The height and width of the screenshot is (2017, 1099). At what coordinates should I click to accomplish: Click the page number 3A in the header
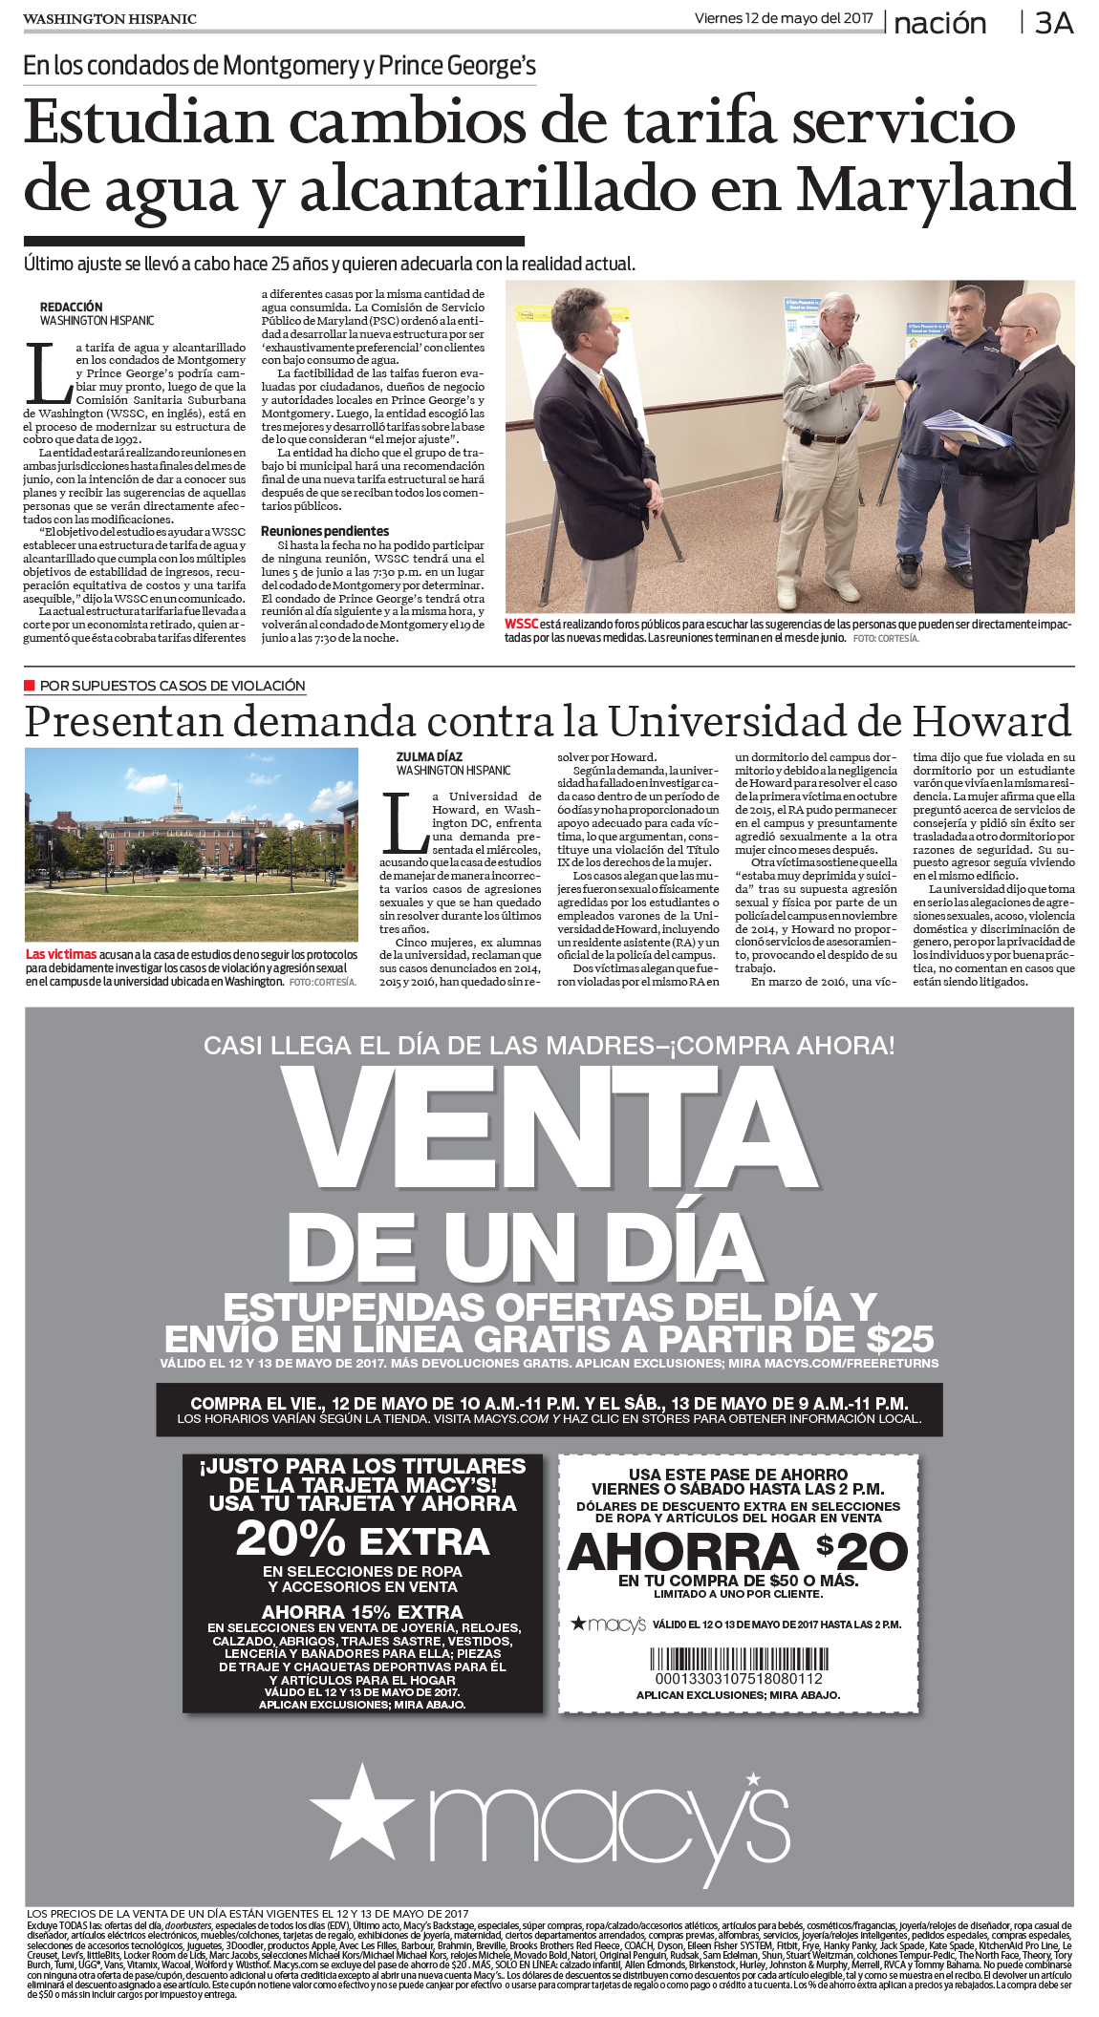[1054, 23]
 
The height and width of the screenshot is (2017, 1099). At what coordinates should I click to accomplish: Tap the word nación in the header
[939, 23]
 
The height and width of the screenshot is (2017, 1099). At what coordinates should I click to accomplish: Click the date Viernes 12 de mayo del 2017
[783, 18]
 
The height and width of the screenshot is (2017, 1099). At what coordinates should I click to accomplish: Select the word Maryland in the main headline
[936, 188]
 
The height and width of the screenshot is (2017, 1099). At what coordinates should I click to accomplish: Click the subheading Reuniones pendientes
[325, 531]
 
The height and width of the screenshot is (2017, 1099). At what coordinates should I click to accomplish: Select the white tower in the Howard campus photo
[176, 797]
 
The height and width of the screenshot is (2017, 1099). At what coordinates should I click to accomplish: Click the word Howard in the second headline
[991, 721]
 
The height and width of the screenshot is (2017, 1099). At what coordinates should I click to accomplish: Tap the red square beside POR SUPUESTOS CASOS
[30, 686]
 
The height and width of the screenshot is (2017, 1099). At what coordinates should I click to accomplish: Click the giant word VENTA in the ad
[549, 1128]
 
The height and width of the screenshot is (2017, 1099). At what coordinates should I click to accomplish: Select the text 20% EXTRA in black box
[363, 1541]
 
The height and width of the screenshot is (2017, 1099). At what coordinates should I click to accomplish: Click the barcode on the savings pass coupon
[739, 1658]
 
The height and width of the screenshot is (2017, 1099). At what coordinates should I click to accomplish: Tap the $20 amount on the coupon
[861, 1551]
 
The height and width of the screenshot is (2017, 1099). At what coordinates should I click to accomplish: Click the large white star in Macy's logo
[361, 1811]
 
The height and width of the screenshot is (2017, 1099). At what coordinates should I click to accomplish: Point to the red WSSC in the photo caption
[521, 625]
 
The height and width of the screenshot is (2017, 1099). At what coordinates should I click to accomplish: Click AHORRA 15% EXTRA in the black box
[362, 1612]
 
